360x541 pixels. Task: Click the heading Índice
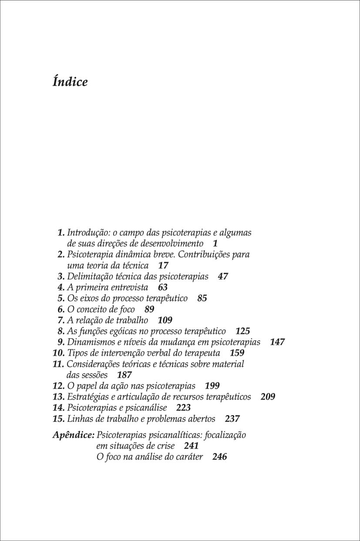tap(70, 82)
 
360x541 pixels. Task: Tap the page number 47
tap(222, 276)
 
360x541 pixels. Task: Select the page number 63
tap(163, 287)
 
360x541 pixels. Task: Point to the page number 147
tap(277, 342)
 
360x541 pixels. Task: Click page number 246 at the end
tap(220, 457)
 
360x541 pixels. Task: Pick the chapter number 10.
tap(58, 353)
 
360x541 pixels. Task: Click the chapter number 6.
tap(61, 309)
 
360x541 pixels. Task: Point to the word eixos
tap(89, 299)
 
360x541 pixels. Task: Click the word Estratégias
tap(86, 397)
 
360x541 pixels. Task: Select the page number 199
tap(212, 386)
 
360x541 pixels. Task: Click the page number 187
tap(124, 375)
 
